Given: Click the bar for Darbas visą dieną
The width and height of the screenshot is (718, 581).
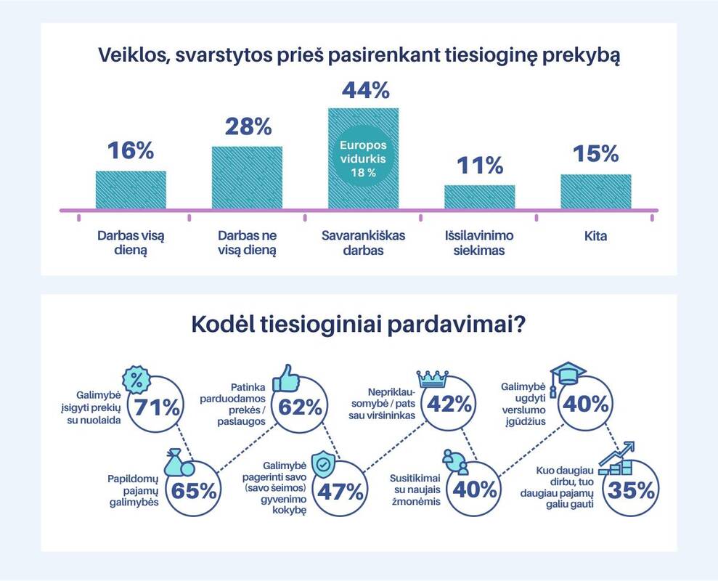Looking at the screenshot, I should (131, 190).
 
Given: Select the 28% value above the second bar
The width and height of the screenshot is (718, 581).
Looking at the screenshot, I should (247, 126).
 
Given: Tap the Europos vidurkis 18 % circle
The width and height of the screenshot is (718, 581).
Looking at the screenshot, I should (364, 158).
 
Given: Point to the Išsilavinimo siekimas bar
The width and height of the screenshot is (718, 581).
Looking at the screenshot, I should (479, 198).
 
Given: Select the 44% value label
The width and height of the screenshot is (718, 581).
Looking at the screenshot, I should (364, 90).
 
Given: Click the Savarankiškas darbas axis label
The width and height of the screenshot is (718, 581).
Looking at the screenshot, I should (363, 243).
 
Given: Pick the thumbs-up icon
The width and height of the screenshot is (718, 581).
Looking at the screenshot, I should (285, 380).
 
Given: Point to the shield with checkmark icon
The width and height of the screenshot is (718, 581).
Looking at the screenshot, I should (322, 463).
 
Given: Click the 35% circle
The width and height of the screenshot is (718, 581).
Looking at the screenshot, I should (632, 491).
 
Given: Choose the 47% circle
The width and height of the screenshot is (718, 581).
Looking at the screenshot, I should (340, 491).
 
